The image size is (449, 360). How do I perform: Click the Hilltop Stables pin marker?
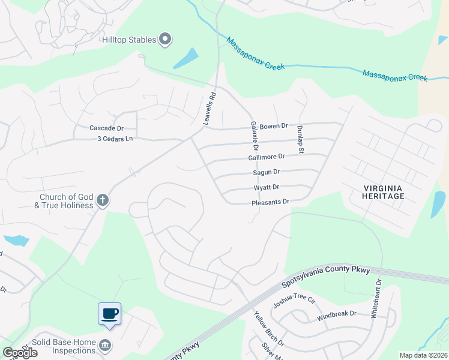[x=166, y=40]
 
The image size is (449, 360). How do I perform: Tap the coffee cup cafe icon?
[x=109, y=314]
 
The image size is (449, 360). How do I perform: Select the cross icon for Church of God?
[x=103, y=200]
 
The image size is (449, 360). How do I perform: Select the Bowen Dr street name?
[x=274, y=126]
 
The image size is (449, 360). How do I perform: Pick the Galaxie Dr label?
[x=254, y=136]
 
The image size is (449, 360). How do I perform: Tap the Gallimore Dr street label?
[x=266, y=156]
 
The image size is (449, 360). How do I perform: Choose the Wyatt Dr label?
[x=267, y=187]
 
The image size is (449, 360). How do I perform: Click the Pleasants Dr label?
[x=270, y=203]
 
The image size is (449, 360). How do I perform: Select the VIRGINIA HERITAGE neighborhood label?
[x=384, y=192]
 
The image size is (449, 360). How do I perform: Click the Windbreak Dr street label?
[x=337, y=314]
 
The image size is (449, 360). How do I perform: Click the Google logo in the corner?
[x=20, y=353]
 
